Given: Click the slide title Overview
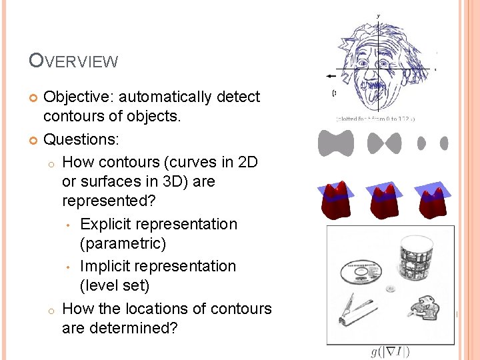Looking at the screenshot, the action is tap(73, 61).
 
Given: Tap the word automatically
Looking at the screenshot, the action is tap(172, 97).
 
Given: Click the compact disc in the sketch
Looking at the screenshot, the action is tap(361, 271).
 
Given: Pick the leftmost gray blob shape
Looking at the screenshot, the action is tap(336, 143).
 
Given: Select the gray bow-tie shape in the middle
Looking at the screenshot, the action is tap(385, 143).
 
